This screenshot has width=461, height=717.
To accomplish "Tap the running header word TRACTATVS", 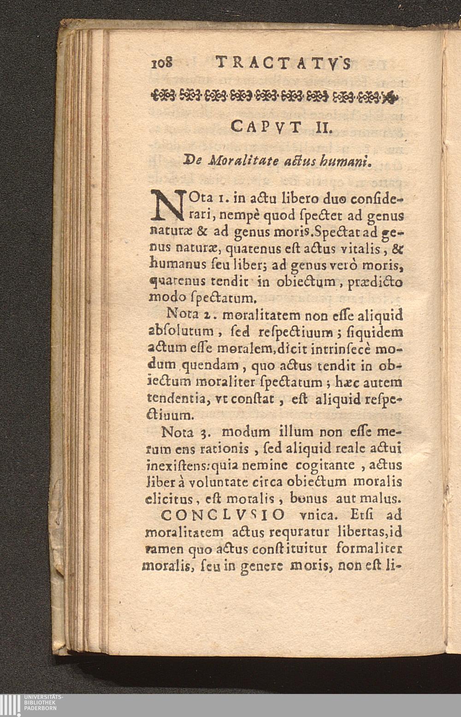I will [x=282, y=63].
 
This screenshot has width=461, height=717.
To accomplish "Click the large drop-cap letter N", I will [x=166, y=205].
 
